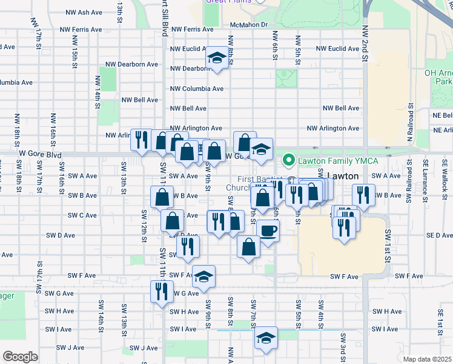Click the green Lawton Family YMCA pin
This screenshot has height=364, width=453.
[289, 160]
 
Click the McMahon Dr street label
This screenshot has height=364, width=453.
[249, 25]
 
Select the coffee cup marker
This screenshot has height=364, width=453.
[268, 230]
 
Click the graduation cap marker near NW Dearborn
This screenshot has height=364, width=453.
[216, 58]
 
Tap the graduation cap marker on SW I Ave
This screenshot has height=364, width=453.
[265, 337]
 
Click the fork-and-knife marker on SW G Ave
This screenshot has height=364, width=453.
[162, 290]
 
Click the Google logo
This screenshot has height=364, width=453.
[20, 356]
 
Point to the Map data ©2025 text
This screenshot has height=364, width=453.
[427, 359]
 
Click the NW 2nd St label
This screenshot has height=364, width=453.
[366, 43]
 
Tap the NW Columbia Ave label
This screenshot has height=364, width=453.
[197, 89]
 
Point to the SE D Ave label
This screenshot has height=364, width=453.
[439, 235]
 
